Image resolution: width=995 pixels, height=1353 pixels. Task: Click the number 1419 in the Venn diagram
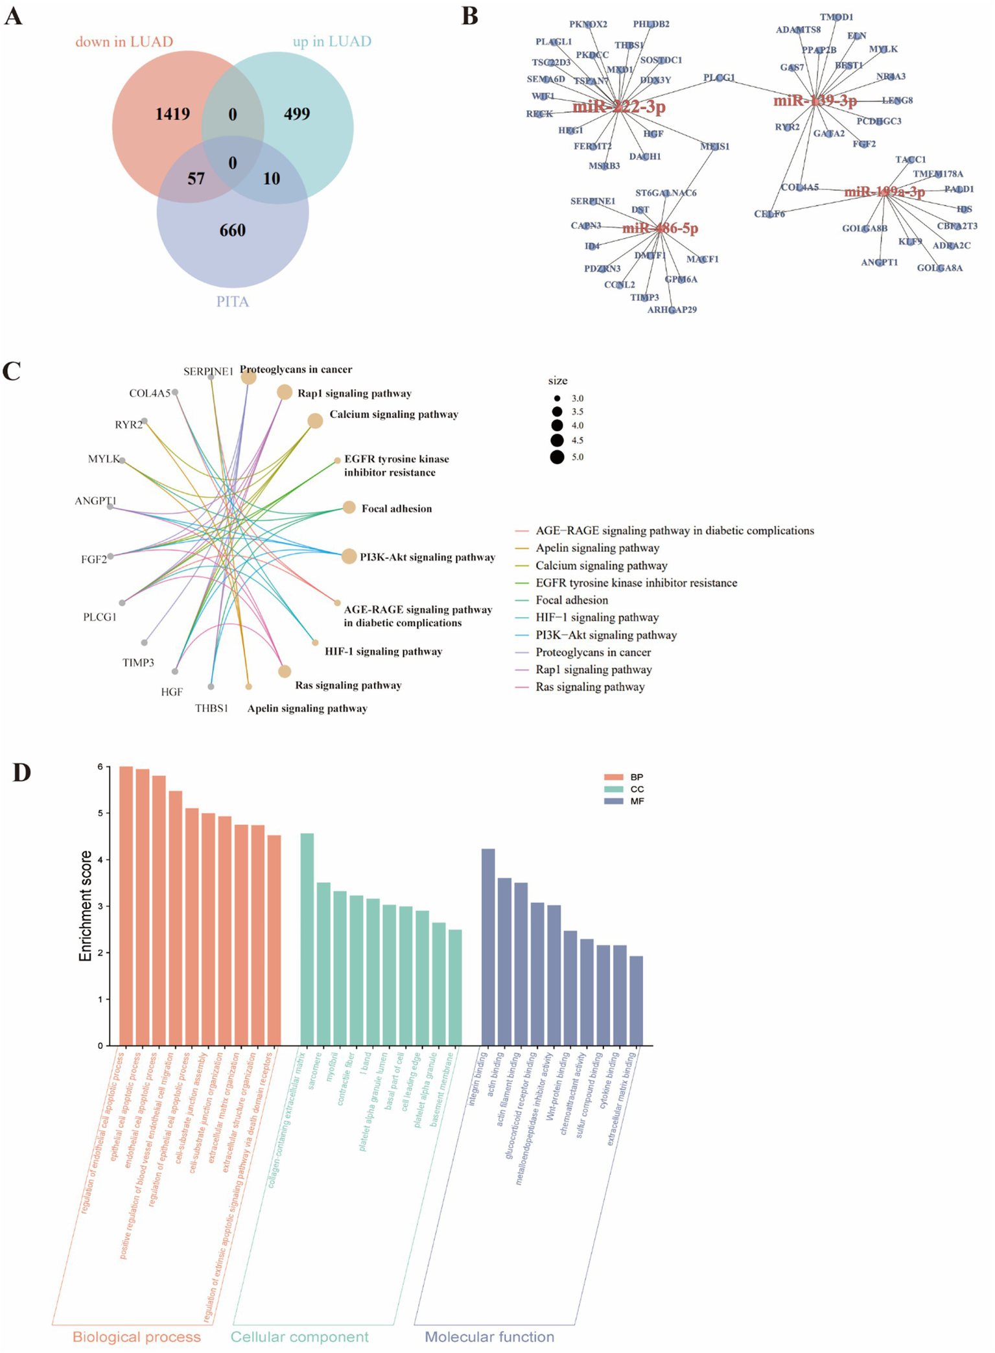(172, 114)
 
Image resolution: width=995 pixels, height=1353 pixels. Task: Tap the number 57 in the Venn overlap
(196, 178)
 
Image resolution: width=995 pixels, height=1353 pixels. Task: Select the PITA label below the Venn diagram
(232, 301)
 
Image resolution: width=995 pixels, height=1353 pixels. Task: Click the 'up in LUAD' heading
(332, 41)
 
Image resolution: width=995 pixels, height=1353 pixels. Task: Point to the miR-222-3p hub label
(618, 106)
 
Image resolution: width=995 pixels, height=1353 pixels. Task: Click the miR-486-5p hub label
(660, 228)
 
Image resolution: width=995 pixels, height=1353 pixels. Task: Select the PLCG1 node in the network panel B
(719, 78)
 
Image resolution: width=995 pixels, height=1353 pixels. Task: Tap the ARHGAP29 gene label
(672, 310)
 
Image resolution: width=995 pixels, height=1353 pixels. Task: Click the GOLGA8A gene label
(939, 268)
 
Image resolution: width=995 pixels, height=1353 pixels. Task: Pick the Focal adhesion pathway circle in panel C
(349, 508)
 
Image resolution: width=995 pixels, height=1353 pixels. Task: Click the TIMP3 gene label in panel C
(138, 663)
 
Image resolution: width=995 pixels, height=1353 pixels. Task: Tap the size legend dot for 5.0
(557, 457)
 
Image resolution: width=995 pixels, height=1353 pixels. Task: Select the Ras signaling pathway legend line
(522, 687)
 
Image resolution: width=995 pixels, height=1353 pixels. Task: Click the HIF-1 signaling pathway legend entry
(596, 618)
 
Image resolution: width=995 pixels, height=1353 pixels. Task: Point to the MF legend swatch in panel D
(613, 801)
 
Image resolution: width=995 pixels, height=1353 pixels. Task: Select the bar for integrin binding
(488, 947)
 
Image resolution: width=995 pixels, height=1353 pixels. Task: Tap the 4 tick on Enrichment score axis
(100, 860)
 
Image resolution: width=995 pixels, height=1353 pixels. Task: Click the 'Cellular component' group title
(299, 1337)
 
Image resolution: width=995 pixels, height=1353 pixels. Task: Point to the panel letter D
(21, 773)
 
